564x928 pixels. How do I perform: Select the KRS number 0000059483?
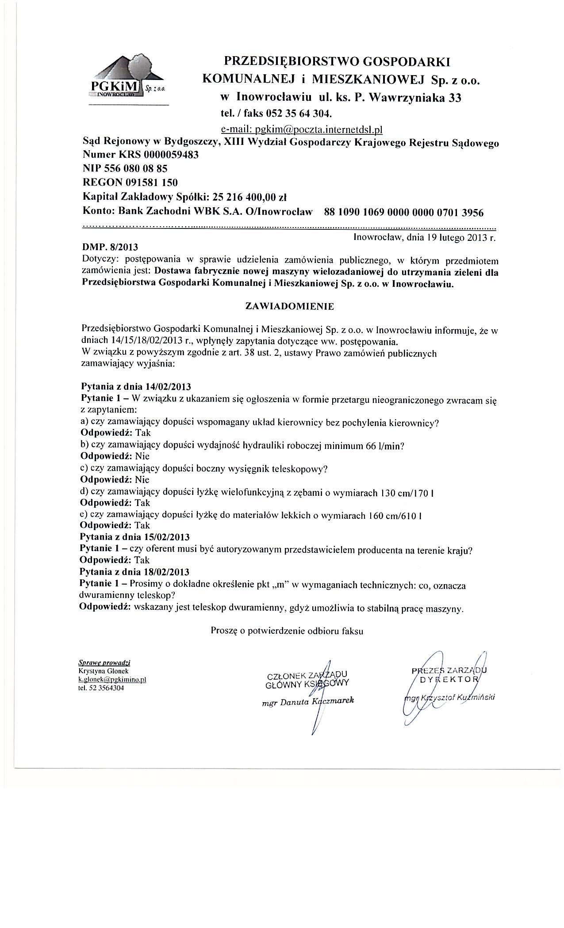(170, 155)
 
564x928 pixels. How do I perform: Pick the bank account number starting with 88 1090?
(404, 212)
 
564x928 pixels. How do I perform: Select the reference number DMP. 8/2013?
(113, 247)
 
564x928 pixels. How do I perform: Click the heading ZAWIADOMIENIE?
(290, 306)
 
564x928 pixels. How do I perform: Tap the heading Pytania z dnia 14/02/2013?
(135, 387)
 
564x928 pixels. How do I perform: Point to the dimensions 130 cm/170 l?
(407, 492)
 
